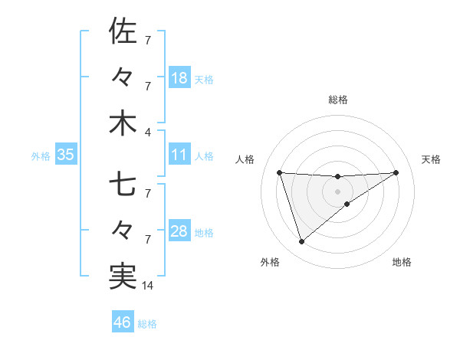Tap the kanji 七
click(x=123, y=185)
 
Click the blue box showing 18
click(x=179, y=78)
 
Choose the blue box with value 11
click(x=179, y=155)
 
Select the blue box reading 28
click(x=179, y=231)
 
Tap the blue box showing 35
click(x=66, y=155)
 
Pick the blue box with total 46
click(x=123, y=322)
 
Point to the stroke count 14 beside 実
click(x=149, y=286)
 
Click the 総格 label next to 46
click(x=147, y=324)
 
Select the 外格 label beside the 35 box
click(x=41, y=155)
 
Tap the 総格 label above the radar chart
click(x=338, y=100)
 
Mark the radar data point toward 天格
click(x=396, y=172)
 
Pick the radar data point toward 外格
click(x=301, y=242)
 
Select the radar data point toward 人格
click(x=279, y=172)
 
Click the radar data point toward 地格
click(x=347, y=204)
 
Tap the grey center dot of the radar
click(x=338, y=191)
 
